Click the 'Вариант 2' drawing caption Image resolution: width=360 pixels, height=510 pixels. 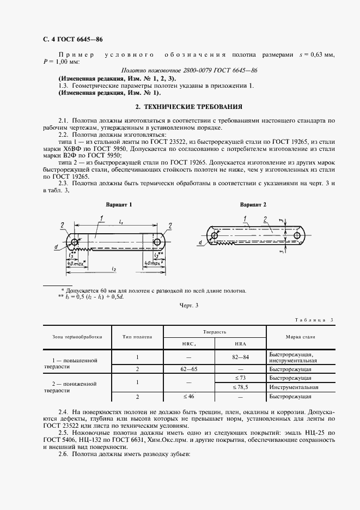pos(253,205)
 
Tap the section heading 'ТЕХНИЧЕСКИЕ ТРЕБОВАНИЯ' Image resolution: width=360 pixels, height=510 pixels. pos(189,106)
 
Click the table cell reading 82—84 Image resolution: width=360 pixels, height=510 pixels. pos(240,357)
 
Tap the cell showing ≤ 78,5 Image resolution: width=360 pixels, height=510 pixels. pos(240,387)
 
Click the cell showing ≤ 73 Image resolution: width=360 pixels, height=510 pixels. pos(240,377)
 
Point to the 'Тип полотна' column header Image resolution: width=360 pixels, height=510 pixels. pos(138,337)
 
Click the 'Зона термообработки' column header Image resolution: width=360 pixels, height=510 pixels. pos(77,337)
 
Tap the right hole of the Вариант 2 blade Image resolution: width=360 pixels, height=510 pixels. pos(297,235)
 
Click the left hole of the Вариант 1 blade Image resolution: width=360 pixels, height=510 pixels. pos(74,241)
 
